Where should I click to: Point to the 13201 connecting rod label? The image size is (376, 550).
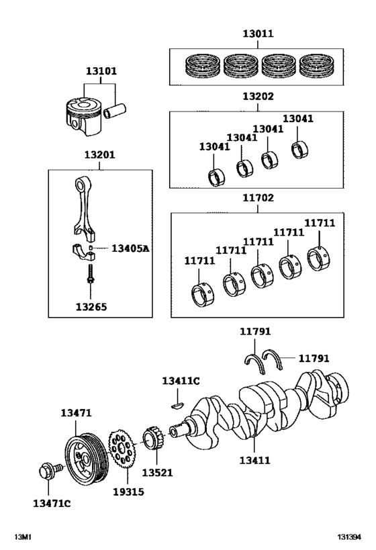(x=99, y=155)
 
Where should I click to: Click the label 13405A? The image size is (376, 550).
(x=130, y=248)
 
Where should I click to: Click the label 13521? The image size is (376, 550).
(x=157, y=473)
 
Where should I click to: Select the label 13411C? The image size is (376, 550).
(x=181, y=381)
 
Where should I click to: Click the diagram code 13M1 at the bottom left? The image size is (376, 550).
(x=23, y=538)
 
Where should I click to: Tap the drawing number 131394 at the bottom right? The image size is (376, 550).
(x=349, y=538)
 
